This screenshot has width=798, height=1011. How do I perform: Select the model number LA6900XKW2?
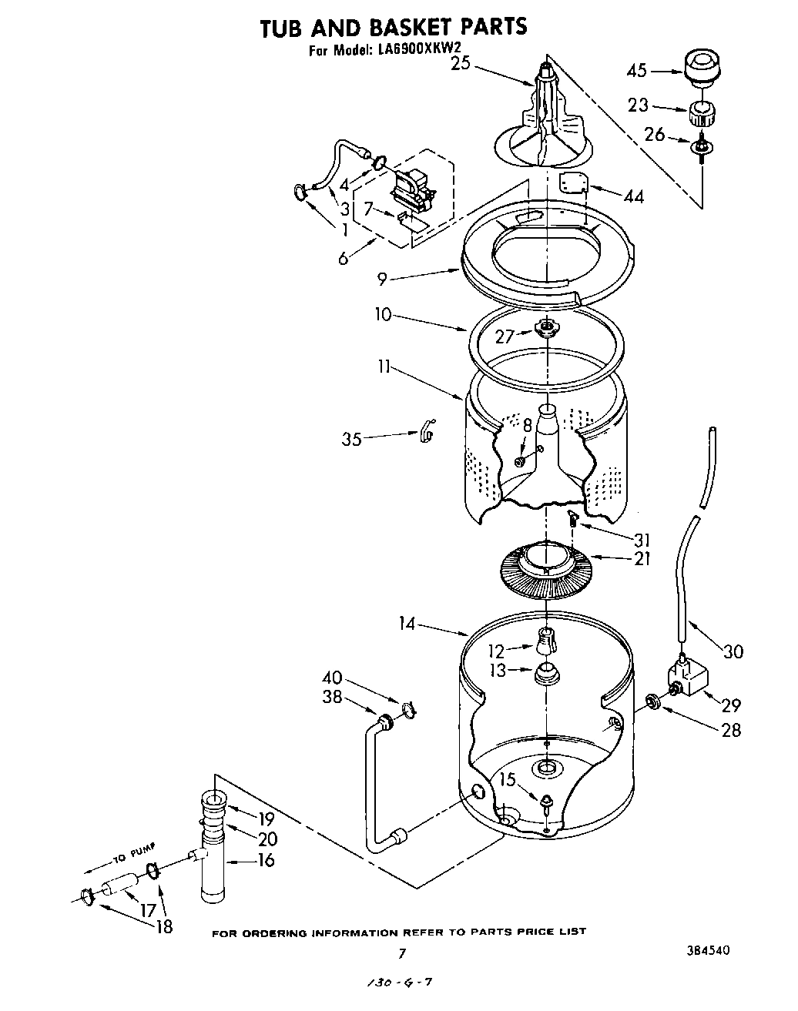pos(422,52)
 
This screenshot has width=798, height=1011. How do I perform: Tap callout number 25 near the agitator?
pos(461,65)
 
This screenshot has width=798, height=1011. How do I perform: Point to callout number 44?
pos(634,196)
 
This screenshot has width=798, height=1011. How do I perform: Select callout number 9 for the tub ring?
pos(382,280)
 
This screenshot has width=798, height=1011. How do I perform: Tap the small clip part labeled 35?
pos(427,434)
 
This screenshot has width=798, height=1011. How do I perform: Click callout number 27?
pos(504,336)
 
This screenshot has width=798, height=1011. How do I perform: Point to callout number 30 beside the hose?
pos(733,651)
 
